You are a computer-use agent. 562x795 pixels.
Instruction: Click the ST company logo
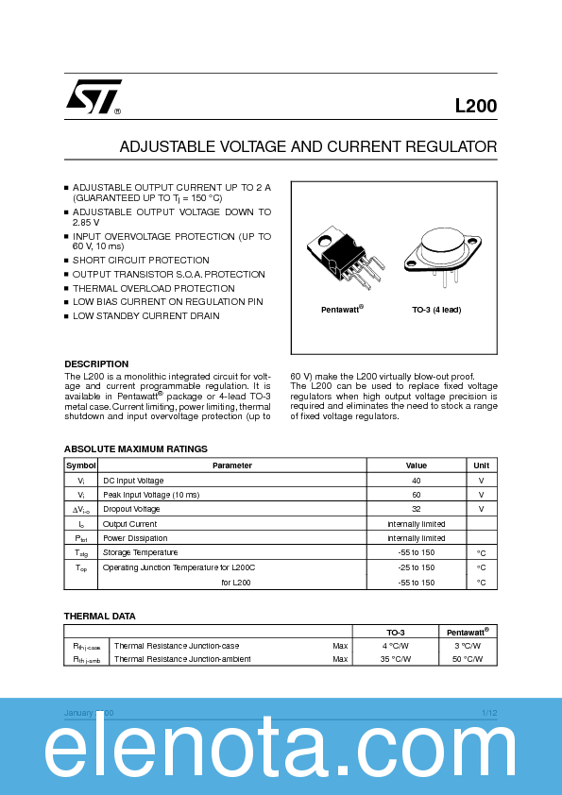pos(93,96)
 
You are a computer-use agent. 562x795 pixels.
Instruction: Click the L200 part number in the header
pos(475,107)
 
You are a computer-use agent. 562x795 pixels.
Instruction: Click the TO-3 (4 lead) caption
pos(436,310)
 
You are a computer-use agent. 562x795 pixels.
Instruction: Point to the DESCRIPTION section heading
pos(96,364)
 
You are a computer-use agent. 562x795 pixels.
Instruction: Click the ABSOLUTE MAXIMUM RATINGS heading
pos(135,448)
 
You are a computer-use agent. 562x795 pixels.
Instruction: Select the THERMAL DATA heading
pos(99,616)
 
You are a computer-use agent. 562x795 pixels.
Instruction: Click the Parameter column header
pos(231,465)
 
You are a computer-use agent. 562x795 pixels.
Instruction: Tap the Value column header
pos(416,465)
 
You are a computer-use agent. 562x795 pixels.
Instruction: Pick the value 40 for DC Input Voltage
pos(416,481)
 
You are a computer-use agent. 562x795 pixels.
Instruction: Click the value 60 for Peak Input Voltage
pos(416,495)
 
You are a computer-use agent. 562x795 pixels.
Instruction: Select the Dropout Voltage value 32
pos(416,509)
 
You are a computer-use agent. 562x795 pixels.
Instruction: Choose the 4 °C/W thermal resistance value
pos(396,646)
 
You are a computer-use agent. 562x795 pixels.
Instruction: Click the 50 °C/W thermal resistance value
pos(467,659)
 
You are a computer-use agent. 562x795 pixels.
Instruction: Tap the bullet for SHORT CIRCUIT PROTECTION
pos(67,261)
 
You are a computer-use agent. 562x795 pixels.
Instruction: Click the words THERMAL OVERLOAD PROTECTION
pos(154,288)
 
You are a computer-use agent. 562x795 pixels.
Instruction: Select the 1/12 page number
pos(488,713)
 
